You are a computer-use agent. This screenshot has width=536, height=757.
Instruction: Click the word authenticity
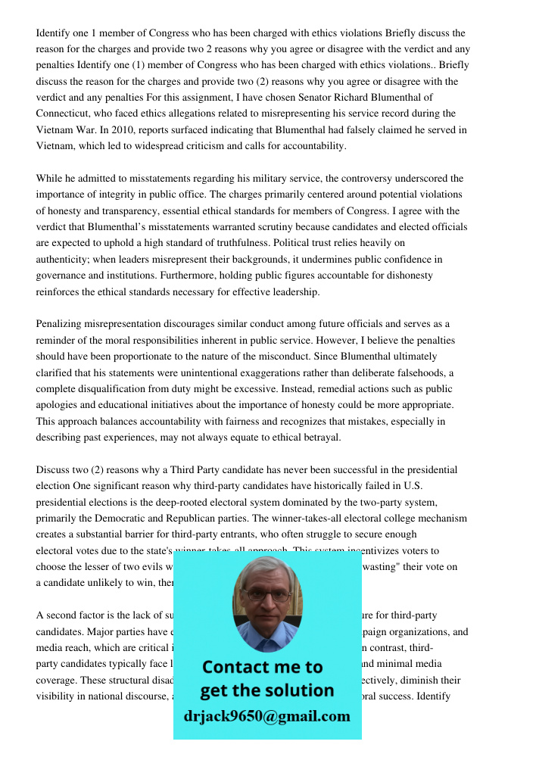point(65,259)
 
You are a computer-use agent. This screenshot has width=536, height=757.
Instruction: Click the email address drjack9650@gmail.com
point(267,716)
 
